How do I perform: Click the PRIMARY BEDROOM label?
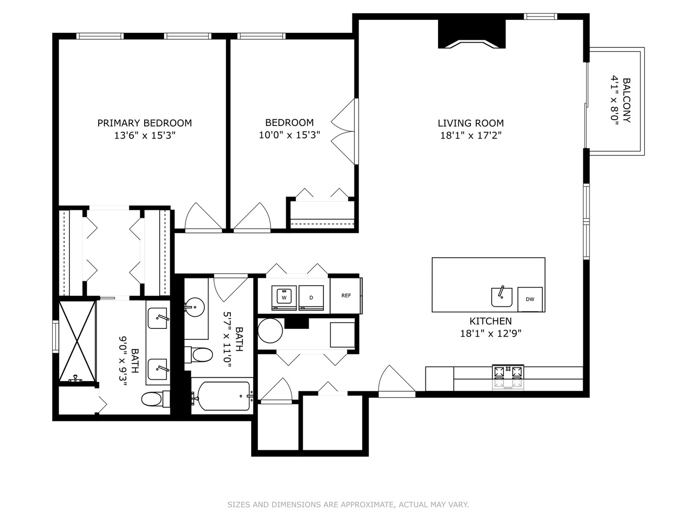click(x=144, y=123)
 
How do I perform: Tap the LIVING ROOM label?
click(x=470, y=123)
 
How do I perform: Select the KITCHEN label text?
click(x=491, y=321)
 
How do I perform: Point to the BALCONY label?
click(x=626, y=100)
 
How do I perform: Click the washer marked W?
click(x=284, y=298)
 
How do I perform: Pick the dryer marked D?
click(x=311, y=298)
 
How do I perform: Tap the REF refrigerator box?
click(x=346, y=295)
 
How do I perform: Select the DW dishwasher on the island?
click(x=530, y=299)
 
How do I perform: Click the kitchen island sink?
click(x=502, y=297)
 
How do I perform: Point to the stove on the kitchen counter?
click(x=508, y=377)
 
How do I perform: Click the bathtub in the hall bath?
click(x=223, y=396)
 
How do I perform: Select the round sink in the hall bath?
click(x=194, y=307)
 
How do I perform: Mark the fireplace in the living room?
click(x=471, y=34)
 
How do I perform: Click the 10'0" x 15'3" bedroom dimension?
click(x=289, y=135)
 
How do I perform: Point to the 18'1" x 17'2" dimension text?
click(x=470, y=136)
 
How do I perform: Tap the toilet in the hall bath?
click(x=199, y=354)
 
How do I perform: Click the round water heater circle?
click(x=270, y=331)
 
